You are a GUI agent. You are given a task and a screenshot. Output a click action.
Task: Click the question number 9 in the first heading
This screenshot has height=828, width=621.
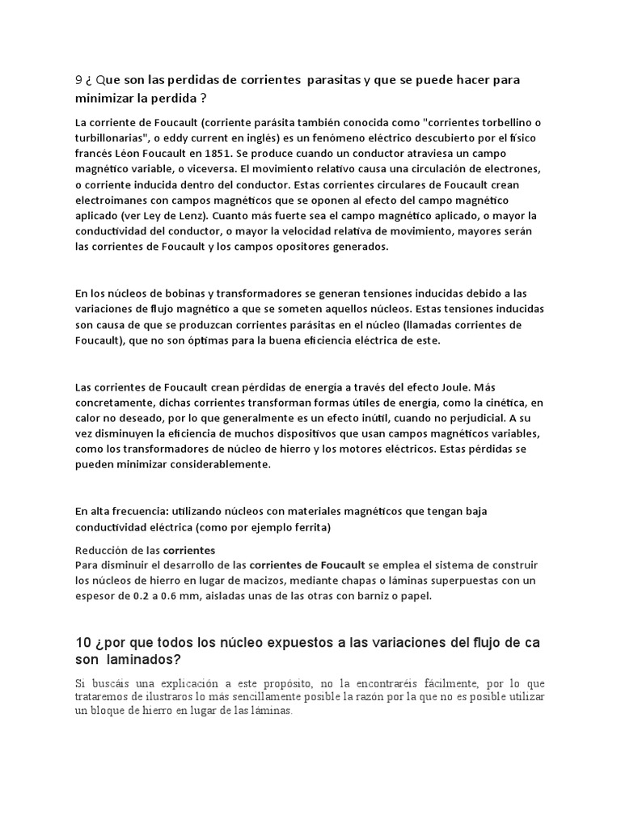(78, 80)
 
